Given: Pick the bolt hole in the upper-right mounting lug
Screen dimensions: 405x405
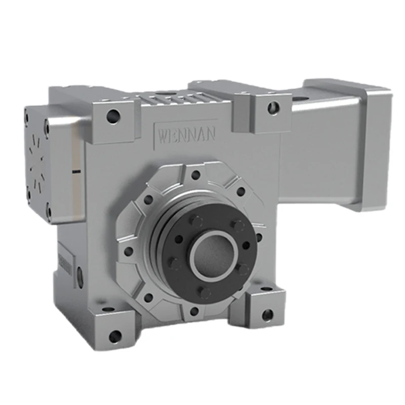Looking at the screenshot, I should coord(273,107).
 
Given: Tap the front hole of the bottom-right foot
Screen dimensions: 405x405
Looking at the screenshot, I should coord(267,315).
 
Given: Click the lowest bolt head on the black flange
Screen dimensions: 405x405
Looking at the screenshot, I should coord(205,292).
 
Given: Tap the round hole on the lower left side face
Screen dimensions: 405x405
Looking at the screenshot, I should coord(80,276).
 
